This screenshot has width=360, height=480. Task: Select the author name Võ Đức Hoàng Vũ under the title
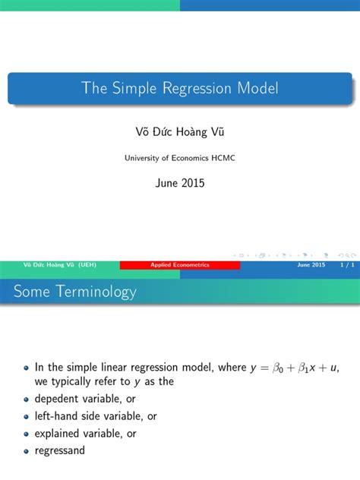[179, 132]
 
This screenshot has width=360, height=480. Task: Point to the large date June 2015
[179, 183]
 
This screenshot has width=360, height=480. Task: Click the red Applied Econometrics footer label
[180, 264]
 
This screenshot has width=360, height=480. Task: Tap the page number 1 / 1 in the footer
[346, 264]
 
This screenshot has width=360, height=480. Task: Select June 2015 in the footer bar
[311, 264]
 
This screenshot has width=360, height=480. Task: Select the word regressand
[60, 450]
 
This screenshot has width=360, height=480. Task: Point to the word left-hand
[57, 416]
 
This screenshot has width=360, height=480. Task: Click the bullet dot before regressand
[27, 450]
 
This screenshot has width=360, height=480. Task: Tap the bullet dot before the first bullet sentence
[27, 368]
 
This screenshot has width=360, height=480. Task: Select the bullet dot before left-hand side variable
[27, 416]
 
